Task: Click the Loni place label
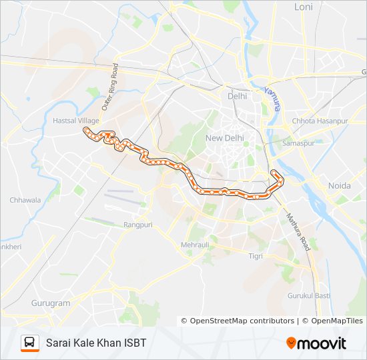(304, 7)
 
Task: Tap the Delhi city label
(237, 96)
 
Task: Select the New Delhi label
(224, 138)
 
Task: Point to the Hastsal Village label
(75, 121)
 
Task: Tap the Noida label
(340, 185)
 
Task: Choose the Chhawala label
(25, 200)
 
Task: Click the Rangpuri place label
(138, 225)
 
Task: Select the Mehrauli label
(195, 245)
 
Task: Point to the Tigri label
(256, 256)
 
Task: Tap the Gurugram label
(51, 303)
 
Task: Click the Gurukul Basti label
(309, 295)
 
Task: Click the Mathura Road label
(298, 231)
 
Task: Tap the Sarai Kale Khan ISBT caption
(96, 343)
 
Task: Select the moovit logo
(316, 343)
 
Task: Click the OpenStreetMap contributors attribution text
(242, 321)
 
